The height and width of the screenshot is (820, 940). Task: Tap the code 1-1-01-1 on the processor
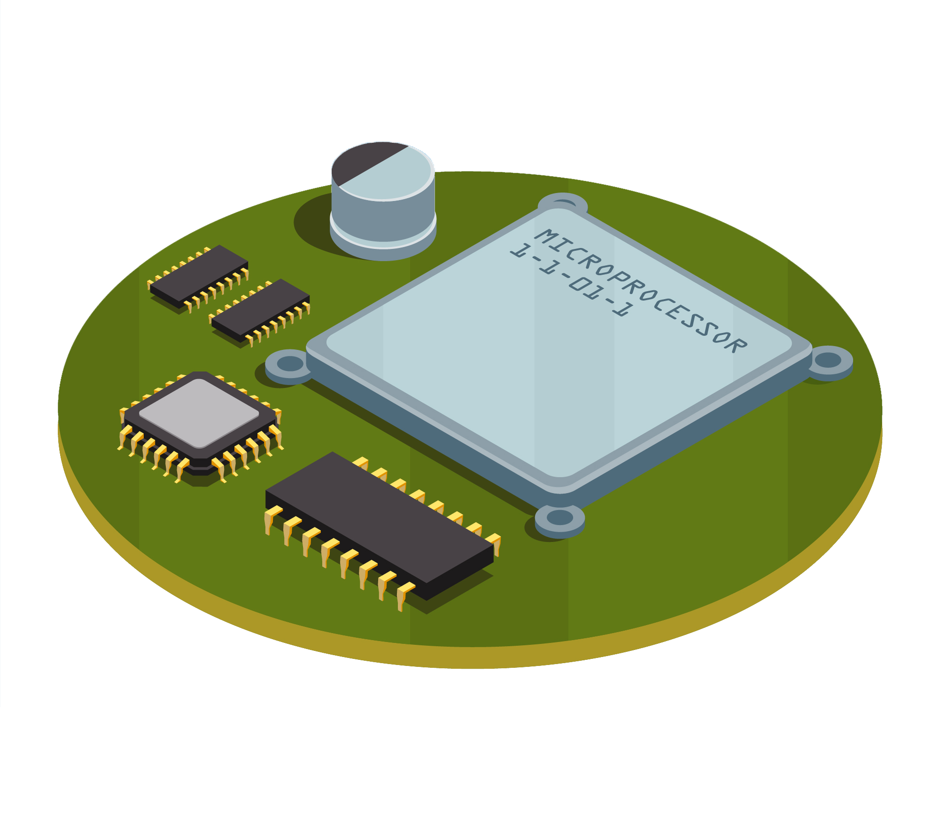(572, 280)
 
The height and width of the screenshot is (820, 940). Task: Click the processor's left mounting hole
(290, 364)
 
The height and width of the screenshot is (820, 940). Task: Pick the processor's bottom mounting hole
(560, 517)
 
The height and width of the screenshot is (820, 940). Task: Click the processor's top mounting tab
(563, 203)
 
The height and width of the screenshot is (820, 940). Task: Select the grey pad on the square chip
(199, 413)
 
